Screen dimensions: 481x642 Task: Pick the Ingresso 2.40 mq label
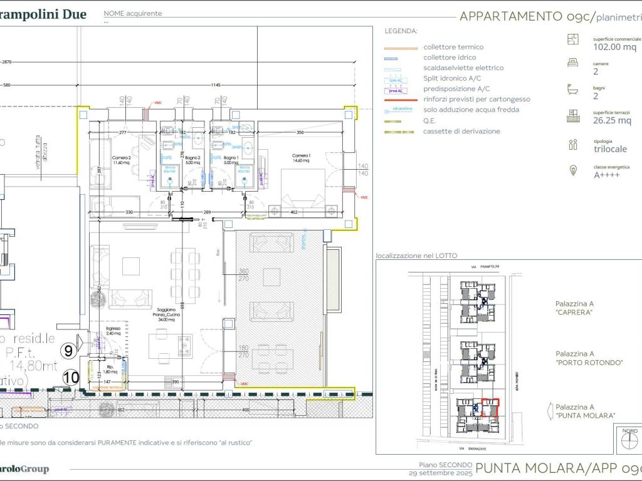(113, 330)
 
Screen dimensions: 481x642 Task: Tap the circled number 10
(71, 377)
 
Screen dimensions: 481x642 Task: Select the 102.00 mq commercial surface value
(614, 46)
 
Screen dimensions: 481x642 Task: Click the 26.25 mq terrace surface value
(612, 120)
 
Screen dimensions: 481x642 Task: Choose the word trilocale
(610, 149)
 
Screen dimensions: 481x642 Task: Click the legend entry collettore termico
(453, 47)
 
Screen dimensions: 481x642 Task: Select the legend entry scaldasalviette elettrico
(463, 68)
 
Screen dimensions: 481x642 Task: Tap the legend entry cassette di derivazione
(461, 132)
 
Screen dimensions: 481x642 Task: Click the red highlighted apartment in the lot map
(489, 408)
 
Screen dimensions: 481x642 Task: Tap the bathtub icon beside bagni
(572, 89)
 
